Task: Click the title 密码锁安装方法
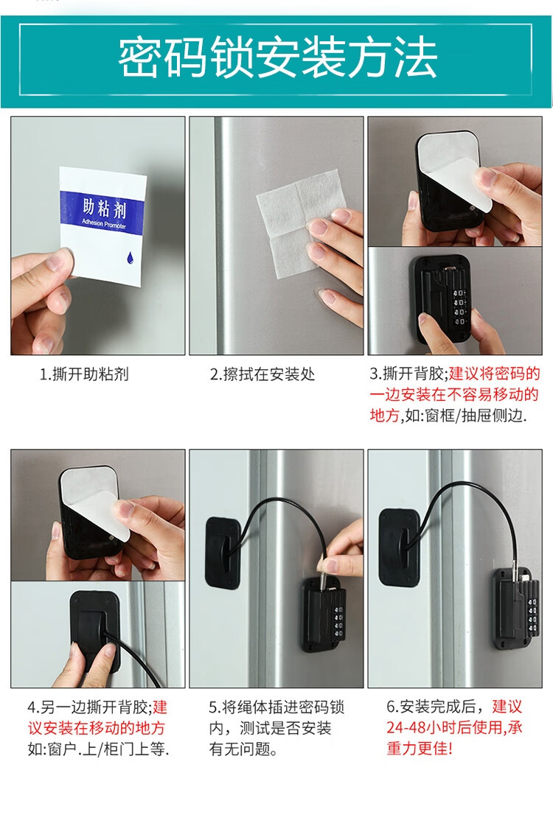[276, 57]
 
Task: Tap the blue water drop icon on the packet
[130, 256]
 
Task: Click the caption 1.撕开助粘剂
[84, 374]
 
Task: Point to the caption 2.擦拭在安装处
[262, 374]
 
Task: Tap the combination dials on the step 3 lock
[459, 307]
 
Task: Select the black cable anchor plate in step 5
[223, 551]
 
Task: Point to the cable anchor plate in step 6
[399, 545]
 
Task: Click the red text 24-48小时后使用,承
[454, 727]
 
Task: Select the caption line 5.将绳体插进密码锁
[276, 707]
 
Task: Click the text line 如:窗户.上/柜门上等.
[99, 749]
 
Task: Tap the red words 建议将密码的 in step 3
[495, 373]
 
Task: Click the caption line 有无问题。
[243, 749]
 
